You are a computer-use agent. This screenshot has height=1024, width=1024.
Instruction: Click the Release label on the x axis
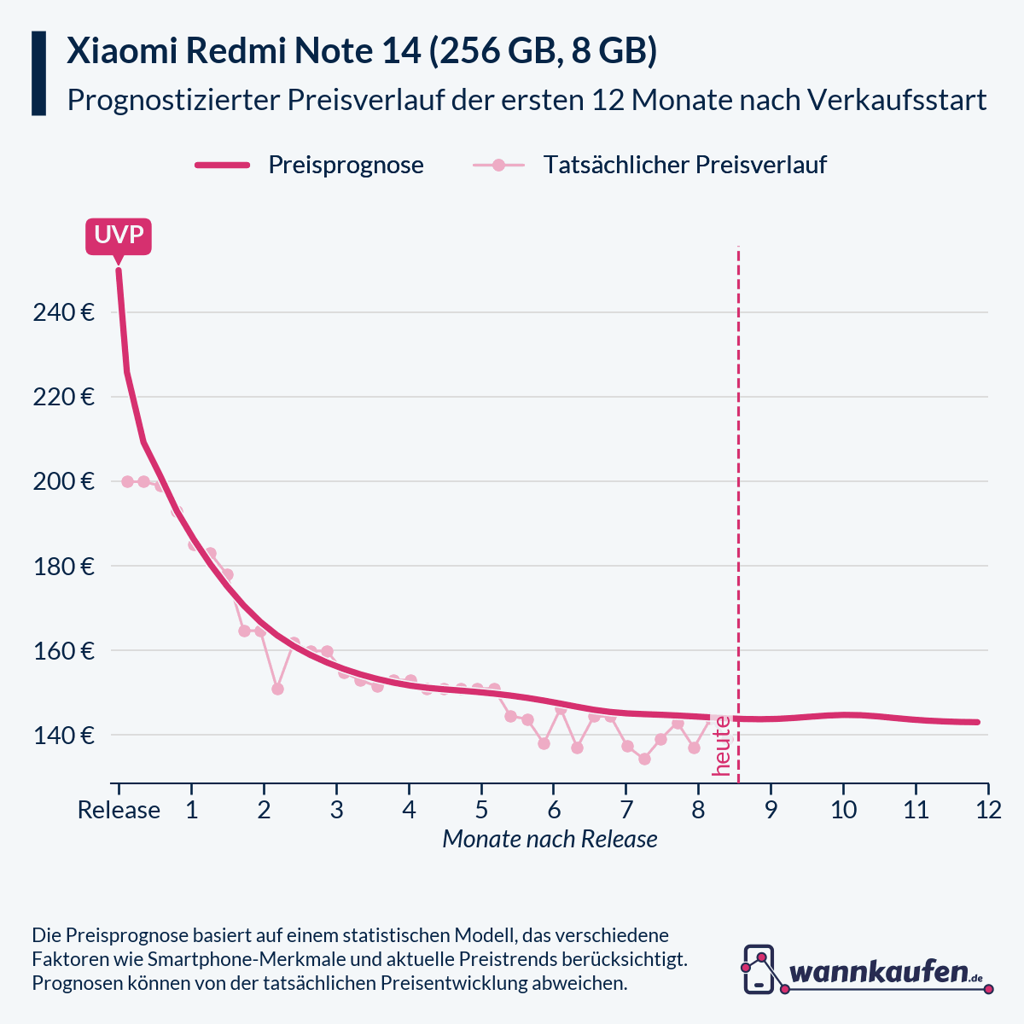click(119, 810)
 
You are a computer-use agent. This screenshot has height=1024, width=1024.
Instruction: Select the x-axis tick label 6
click(554, 810)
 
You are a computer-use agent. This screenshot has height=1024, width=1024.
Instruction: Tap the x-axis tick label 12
click(988, 810)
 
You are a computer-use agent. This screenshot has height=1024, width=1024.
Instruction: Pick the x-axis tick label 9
click(771, 810)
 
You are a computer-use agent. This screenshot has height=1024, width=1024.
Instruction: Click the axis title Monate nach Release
click(550, 840)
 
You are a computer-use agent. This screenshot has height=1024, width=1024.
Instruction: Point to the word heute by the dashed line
click(722, 746)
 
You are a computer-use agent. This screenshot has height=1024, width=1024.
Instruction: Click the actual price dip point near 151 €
click(277, 689)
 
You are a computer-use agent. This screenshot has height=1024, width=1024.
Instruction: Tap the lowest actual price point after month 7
click(644, 759)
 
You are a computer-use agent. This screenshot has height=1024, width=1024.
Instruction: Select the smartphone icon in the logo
click(759, 969)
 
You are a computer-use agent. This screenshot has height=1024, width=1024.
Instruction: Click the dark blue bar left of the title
click(38, 73)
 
